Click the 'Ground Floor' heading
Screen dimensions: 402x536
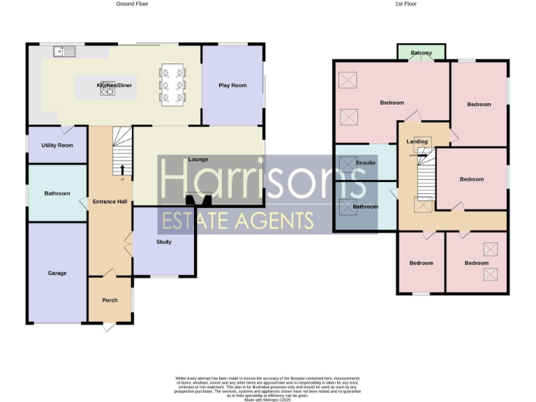tap(131, 4)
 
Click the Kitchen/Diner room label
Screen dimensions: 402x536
tap(114, 85)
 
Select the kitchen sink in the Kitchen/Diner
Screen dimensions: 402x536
tap(65, 51)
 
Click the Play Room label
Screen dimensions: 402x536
tap(232, 85)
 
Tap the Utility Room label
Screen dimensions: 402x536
tap(57, 145)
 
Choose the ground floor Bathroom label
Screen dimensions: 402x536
tap(57, 193)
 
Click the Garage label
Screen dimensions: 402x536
tap(57, 273)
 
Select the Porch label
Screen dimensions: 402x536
tap(110, 300)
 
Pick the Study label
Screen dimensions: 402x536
tap(164, 242)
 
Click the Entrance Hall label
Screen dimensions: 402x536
tap(110, 202)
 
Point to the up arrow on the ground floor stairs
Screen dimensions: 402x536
tap(123, 169)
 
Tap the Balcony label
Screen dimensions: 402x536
tap(421, 53)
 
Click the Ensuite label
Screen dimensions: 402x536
tap(366, 163)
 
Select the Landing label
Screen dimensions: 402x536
tap(417, 142)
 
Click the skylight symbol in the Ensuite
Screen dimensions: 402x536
tap(347, 164)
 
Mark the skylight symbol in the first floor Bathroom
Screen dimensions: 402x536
tap(347, 207)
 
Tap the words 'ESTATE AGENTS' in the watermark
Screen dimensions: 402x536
tap(237, 221)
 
